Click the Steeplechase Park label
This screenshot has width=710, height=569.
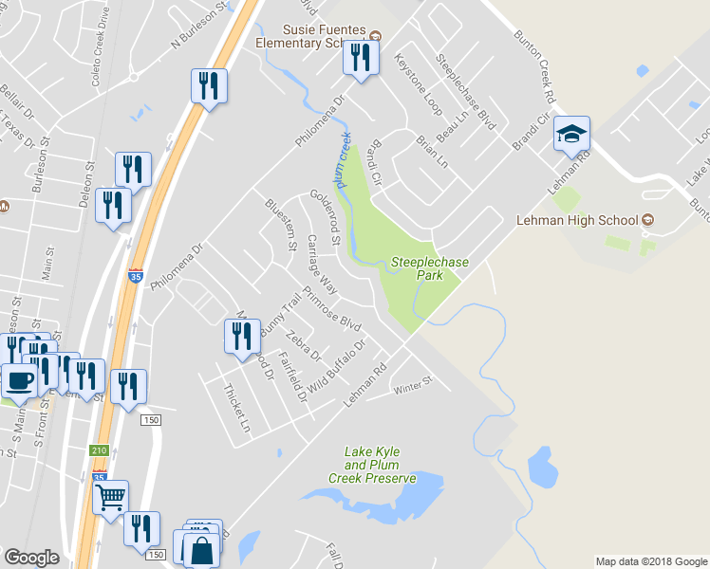418,268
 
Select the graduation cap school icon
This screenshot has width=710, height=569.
572,135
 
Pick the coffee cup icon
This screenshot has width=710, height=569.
20,382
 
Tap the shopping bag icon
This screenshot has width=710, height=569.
202,549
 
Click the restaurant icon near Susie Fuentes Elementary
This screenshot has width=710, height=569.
359,58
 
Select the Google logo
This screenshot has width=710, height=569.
31,558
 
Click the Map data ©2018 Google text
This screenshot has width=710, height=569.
650,561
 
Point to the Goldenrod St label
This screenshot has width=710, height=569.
325,217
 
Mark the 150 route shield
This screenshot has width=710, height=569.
150,419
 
